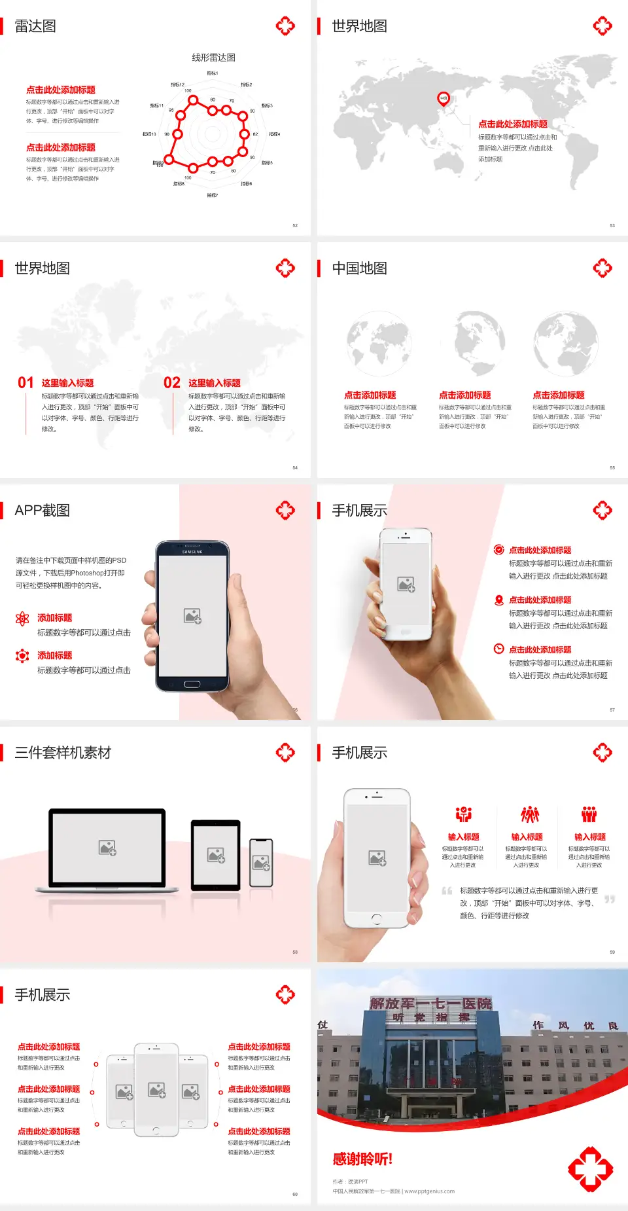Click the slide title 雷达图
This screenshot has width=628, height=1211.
(x=35, y=26)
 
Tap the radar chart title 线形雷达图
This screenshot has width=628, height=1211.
(x=213, y=58)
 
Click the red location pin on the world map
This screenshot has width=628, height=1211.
(x=444, y=98)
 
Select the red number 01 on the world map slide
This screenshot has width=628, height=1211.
(x=26, y=383)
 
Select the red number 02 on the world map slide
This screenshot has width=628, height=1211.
(x=172, y=383)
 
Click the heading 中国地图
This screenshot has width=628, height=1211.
(x=359, y=268)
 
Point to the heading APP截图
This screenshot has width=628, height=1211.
(x=42, y=511)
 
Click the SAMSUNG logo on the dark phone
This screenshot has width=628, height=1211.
(x=192, y=552)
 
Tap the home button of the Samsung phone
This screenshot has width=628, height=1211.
(x=192, y=684)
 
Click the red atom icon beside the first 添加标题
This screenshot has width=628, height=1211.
(x=22, y=619)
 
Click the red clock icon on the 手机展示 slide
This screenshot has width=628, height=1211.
(x=498, y=649)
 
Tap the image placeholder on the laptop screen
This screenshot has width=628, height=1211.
(x=107, y=848)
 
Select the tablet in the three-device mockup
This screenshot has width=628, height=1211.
(x=216, y=855)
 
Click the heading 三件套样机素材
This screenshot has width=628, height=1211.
(x=63, y=753)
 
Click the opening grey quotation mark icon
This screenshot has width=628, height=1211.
(x=447, y=891)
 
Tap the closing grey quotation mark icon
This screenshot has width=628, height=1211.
(x=610, y=899)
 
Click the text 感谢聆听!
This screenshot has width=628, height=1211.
(x=362, y=1159)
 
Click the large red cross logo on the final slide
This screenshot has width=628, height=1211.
(x=590, y=1168)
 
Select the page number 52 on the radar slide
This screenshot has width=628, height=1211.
(x=295, y=225)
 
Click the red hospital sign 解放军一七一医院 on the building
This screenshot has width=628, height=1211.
(x=430, y=1003)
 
